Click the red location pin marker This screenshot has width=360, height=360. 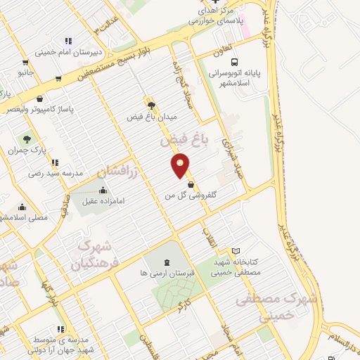coord(181,165)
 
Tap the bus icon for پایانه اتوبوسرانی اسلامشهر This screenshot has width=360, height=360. coord(233,61)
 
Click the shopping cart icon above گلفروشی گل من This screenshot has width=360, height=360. coord(191,185)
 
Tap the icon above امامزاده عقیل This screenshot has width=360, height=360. coord(103,190)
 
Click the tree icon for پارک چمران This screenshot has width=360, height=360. coord(27,139)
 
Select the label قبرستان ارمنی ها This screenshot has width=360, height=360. coord(165,272)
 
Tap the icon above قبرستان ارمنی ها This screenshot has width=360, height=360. coord(166,262)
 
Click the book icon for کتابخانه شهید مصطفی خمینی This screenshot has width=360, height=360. coord(236,251)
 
